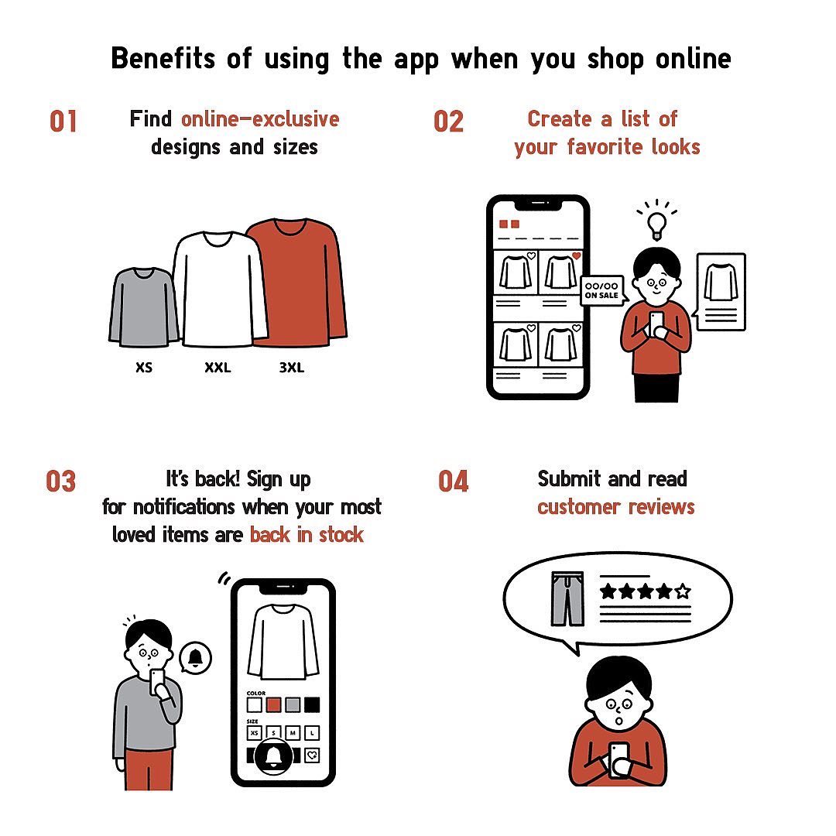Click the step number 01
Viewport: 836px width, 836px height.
coord(63,122)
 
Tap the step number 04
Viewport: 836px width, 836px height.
coord(453,481)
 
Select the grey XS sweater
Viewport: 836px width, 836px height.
coord(142,307)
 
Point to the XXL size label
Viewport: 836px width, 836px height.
coord(218,368)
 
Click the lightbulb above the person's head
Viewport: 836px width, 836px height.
coord(656,226)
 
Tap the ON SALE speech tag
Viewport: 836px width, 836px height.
coord(602,290)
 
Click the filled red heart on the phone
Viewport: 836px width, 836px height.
coord(577,256)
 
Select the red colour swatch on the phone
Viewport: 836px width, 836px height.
coord(273,705)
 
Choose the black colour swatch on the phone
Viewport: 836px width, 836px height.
coord(312,705)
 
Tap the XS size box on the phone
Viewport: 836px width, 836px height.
coord(255,733)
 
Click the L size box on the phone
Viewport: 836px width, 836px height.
coord(312,733)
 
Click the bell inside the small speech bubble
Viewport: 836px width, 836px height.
coord(196,658)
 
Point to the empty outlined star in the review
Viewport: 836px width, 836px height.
coord(683,591)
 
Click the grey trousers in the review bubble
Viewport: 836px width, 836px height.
coord(568,598)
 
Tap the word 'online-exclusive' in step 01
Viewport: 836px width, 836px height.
coord(260,119)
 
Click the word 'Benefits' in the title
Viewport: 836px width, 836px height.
coord(163,57)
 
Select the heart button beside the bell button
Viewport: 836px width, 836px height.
coord(312,755)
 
